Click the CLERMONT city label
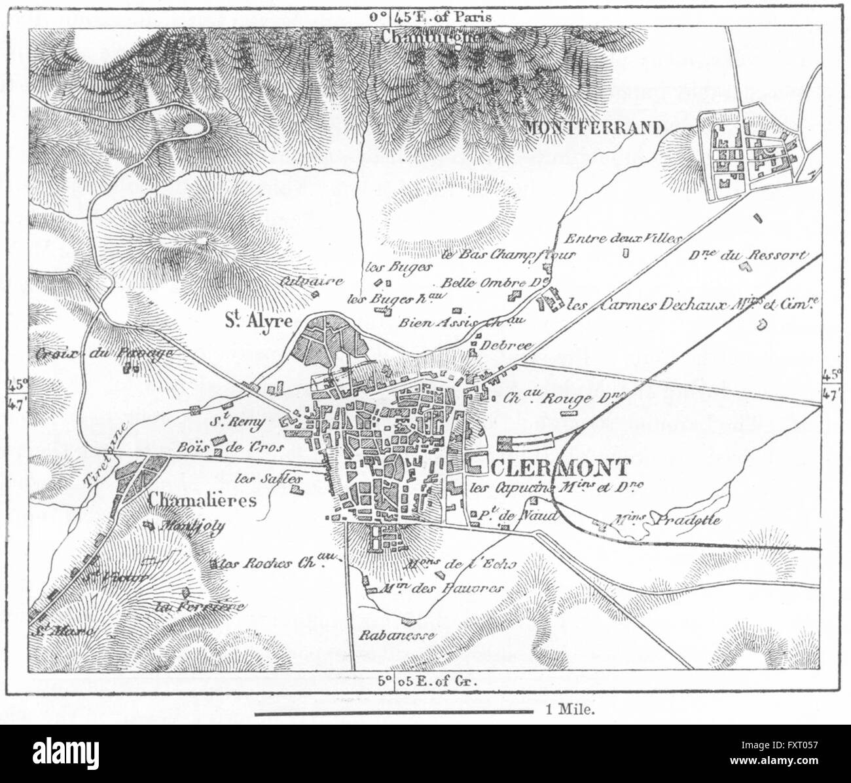[x=550, y=467]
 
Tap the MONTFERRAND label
[x=594, y=128]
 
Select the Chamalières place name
[x=202, y=500]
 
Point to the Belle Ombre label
[x=484, y=283]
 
